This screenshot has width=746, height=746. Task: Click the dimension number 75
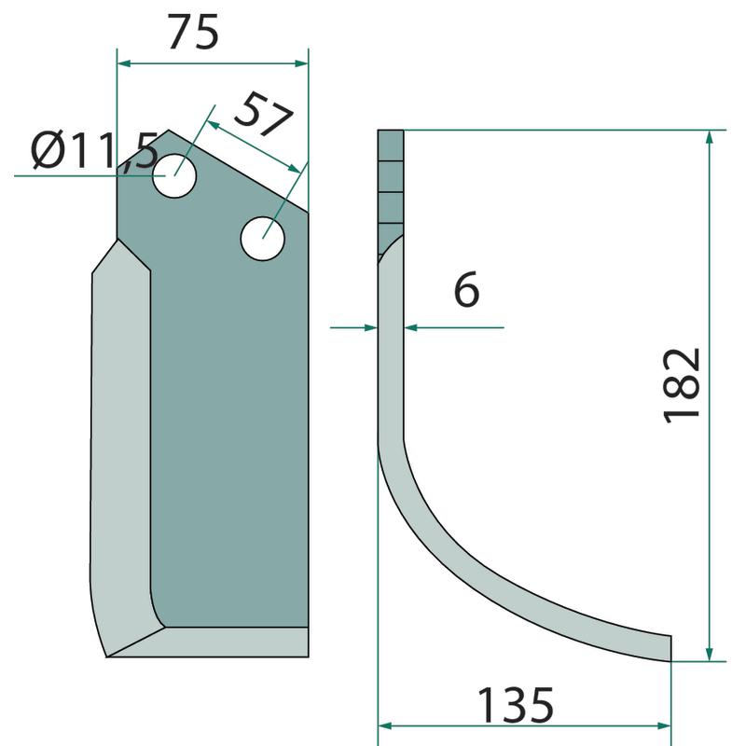coord(193,32)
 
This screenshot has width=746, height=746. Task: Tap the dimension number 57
coord(263,114)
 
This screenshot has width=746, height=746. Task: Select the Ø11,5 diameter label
coord(94,151)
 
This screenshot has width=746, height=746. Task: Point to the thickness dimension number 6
coord(466,289)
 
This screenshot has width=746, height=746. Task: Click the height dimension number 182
coord(682,385)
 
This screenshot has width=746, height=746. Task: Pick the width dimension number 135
coord(516,705)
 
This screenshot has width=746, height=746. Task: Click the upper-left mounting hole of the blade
coord(174,175)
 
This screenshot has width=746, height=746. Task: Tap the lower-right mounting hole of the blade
coord(263,239)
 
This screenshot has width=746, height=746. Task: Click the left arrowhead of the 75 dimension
coord(124,63)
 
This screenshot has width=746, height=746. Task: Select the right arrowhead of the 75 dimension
coord(301,63)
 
